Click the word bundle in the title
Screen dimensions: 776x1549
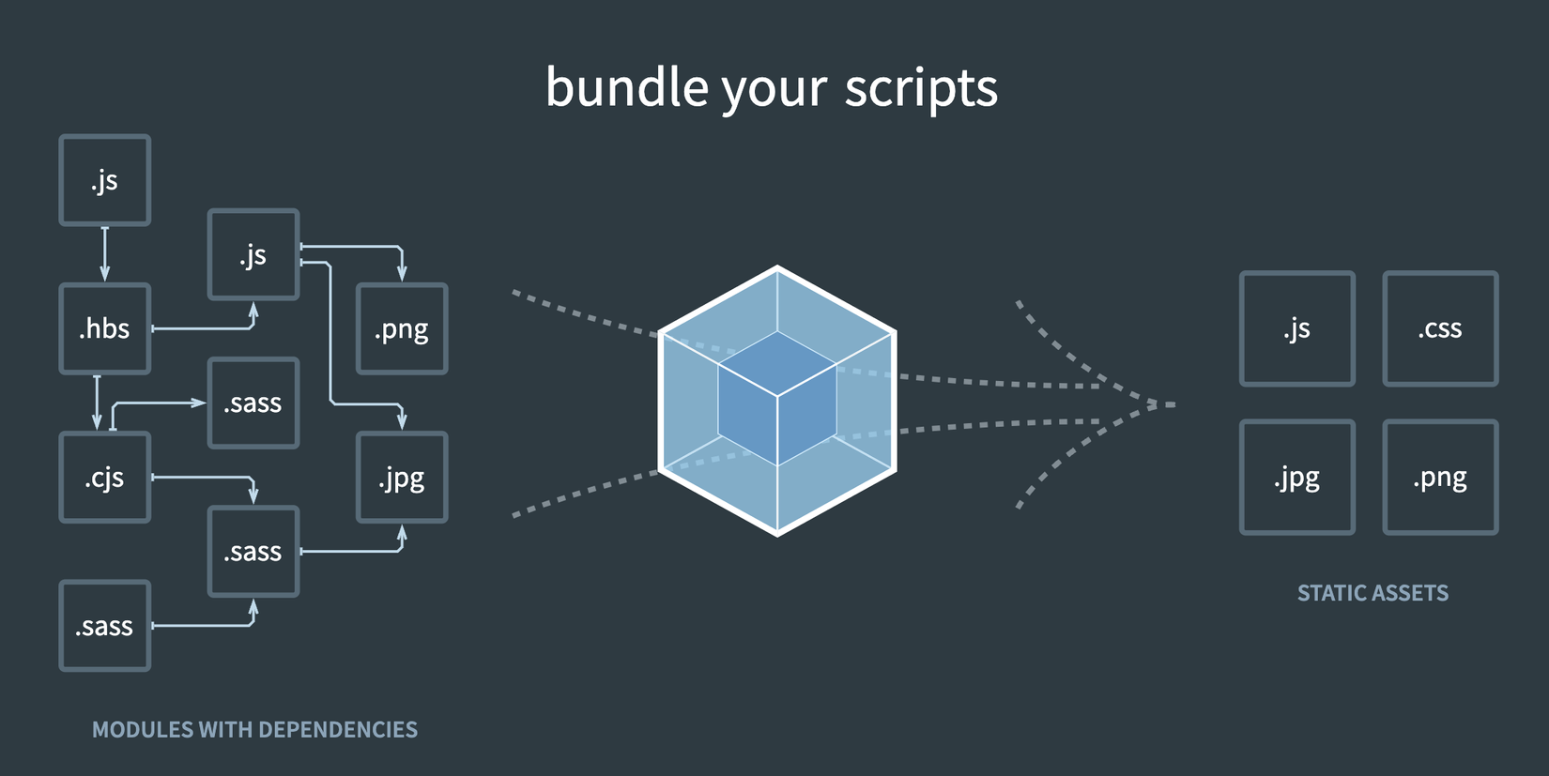[x=626, y=87]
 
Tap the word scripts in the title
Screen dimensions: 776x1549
[x=920, y=87]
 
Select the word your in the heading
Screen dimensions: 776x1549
[x=774, y=89]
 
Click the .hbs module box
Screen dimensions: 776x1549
[x=104, y=328]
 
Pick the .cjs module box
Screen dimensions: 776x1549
[x=104, y=478]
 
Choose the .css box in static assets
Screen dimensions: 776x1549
[x=1440, y=328]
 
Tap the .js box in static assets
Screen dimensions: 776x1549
[x=1296, y=328]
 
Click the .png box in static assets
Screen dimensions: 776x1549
[x=1440, y=478]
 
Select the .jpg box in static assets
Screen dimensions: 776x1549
[x=1296, y=478]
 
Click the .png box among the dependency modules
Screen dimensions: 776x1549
[x=402, y=328]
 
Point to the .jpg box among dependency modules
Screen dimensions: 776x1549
[x=402, y=478]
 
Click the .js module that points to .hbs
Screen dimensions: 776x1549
[x=104, y=180]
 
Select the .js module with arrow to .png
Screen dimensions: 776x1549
[x=253, y=254]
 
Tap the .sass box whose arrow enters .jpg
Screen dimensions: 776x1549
[x=253, y=552]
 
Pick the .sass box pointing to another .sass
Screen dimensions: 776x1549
[x=104, y=626]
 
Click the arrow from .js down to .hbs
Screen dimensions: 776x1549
[x=104, y=253]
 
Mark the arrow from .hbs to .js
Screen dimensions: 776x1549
[x=207, y=328]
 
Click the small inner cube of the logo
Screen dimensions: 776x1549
[x=777, y=399]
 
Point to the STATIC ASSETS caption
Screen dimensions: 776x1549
[x=1373, y=593]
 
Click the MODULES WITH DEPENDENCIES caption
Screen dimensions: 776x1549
[x=254, y=730]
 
